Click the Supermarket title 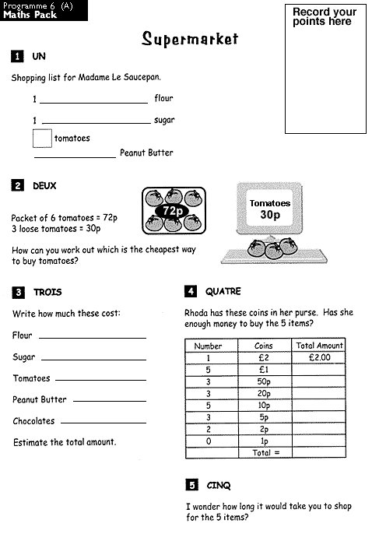190,40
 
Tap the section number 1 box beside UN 17,56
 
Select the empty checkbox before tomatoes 42,139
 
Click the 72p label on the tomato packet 173,210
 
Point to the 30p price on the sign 270,215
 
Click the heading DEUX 44,186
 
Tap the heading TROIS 47,292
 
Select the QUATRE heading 223,291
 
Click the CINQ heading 219,486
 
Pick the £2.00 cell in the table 318,357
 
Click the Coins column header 264,346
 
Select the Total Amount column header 318,346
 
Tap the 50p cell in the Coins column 264,381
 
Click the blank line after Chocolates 103,423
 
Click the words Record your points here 325,16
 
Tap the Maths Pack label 30,15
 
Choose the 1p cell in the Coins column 264,441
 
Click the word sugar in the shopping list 164,121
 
